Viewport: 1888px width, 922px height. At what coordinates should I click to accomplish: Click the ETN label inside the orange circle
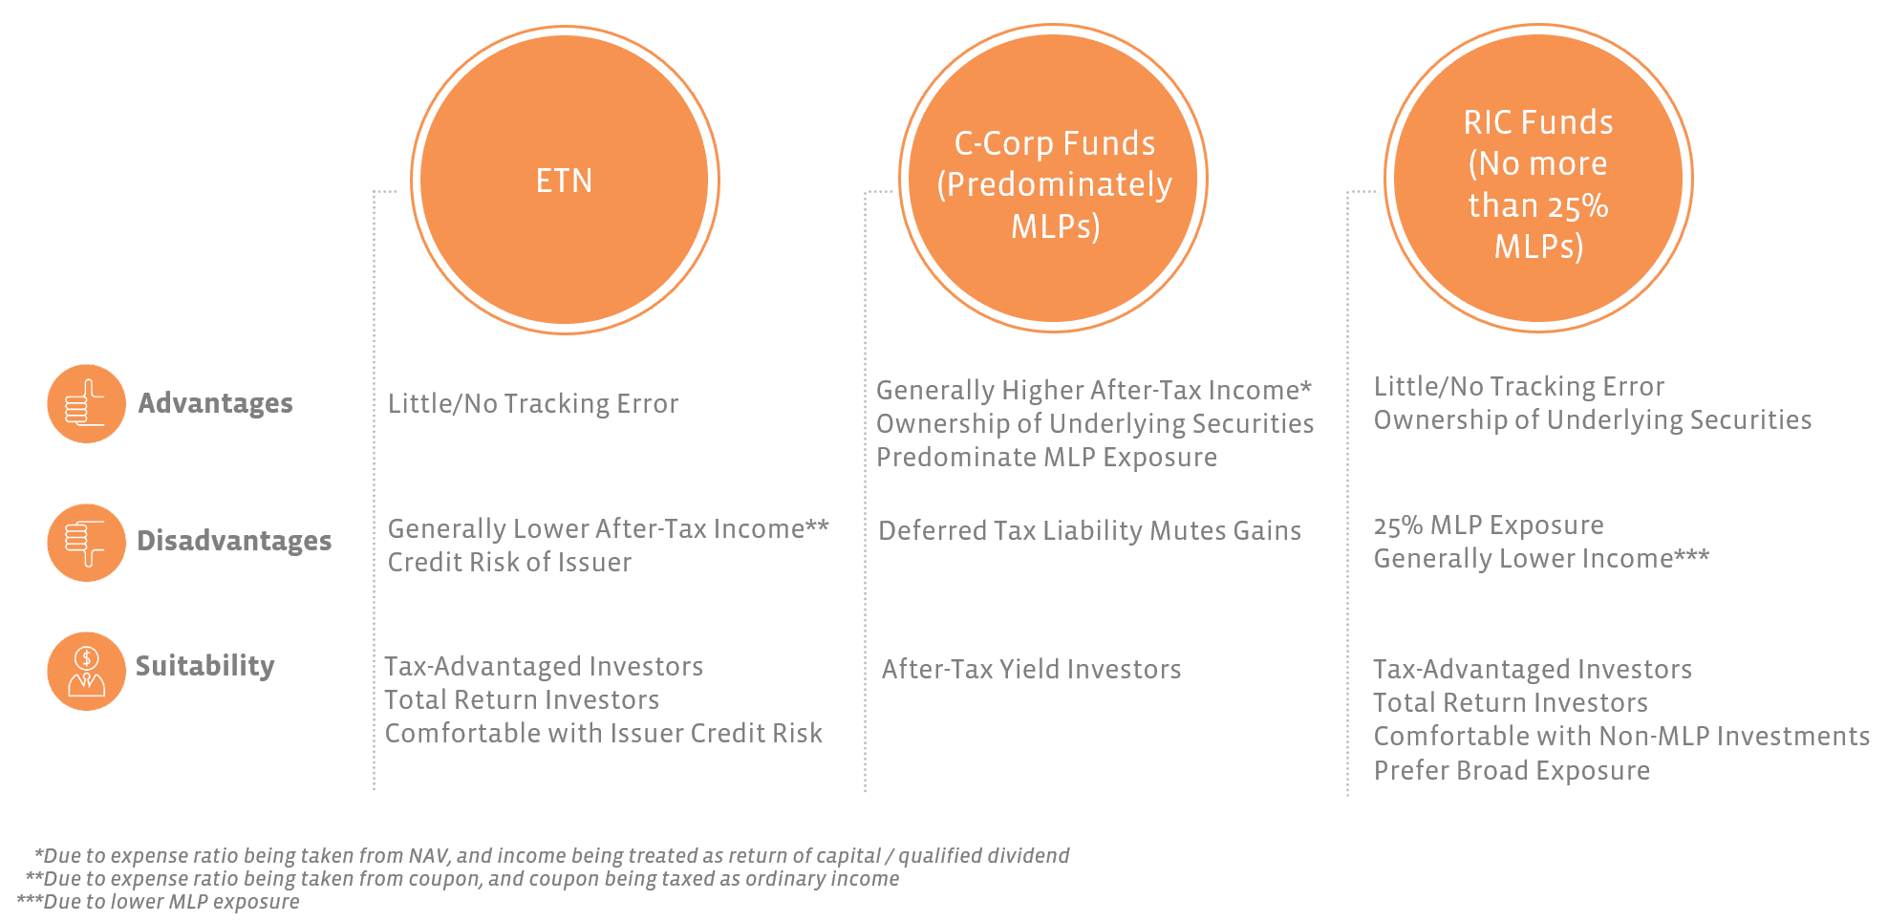564,181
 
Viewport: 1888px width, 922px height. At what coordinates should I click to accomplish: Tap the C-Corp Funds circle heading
1055,184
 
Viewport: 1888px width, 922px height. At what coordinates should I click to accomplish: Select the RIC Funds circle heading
1538,184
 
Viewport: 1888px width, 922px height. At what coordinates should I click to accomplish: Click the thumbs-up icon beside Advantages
86,403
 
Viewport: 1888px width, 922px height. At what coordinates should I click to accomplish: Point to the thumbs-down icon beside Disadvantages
86,543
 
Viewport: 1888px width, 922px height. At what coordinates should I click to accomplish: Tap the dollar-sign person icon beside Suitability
86,671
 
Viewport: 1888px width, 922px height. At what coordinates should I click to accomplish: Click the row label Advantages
215,403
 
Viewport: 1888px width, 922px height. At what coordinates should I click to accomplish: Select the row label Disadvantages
234,541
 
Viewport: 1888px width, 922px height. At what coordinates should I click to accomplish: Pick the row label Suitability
204,665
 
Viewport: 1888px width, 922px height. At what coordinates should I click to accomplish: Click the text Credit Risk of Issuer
509,562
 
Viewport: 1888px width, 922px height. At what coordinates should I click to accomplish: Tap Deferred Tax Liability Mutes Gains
1089,531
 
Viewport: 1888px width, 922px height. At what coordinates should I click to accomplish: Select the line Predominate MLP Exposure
1046,457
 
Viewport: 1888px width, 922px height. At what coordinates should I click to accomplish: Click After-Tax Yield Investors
1031,669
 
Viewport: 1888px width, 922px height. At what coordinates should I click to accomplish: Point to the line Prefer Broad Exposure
1512,770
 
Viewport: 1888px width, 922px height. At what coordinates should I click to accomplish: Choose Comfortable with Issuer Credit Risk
603,733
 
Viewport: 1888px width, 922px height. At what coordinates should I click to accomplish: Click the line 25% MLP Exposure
1489,525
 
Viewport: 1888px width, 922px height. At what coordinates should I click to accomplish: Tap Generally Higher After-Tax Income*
1094,391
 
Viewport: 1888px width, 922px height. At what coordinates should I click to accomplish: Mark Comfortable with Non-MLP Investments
1621,736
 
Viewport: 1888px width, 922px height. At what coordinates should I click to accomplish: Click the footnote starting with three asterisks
158,901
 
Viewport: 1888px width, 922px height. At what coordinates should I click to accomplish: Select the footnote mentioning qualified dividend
551,855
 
